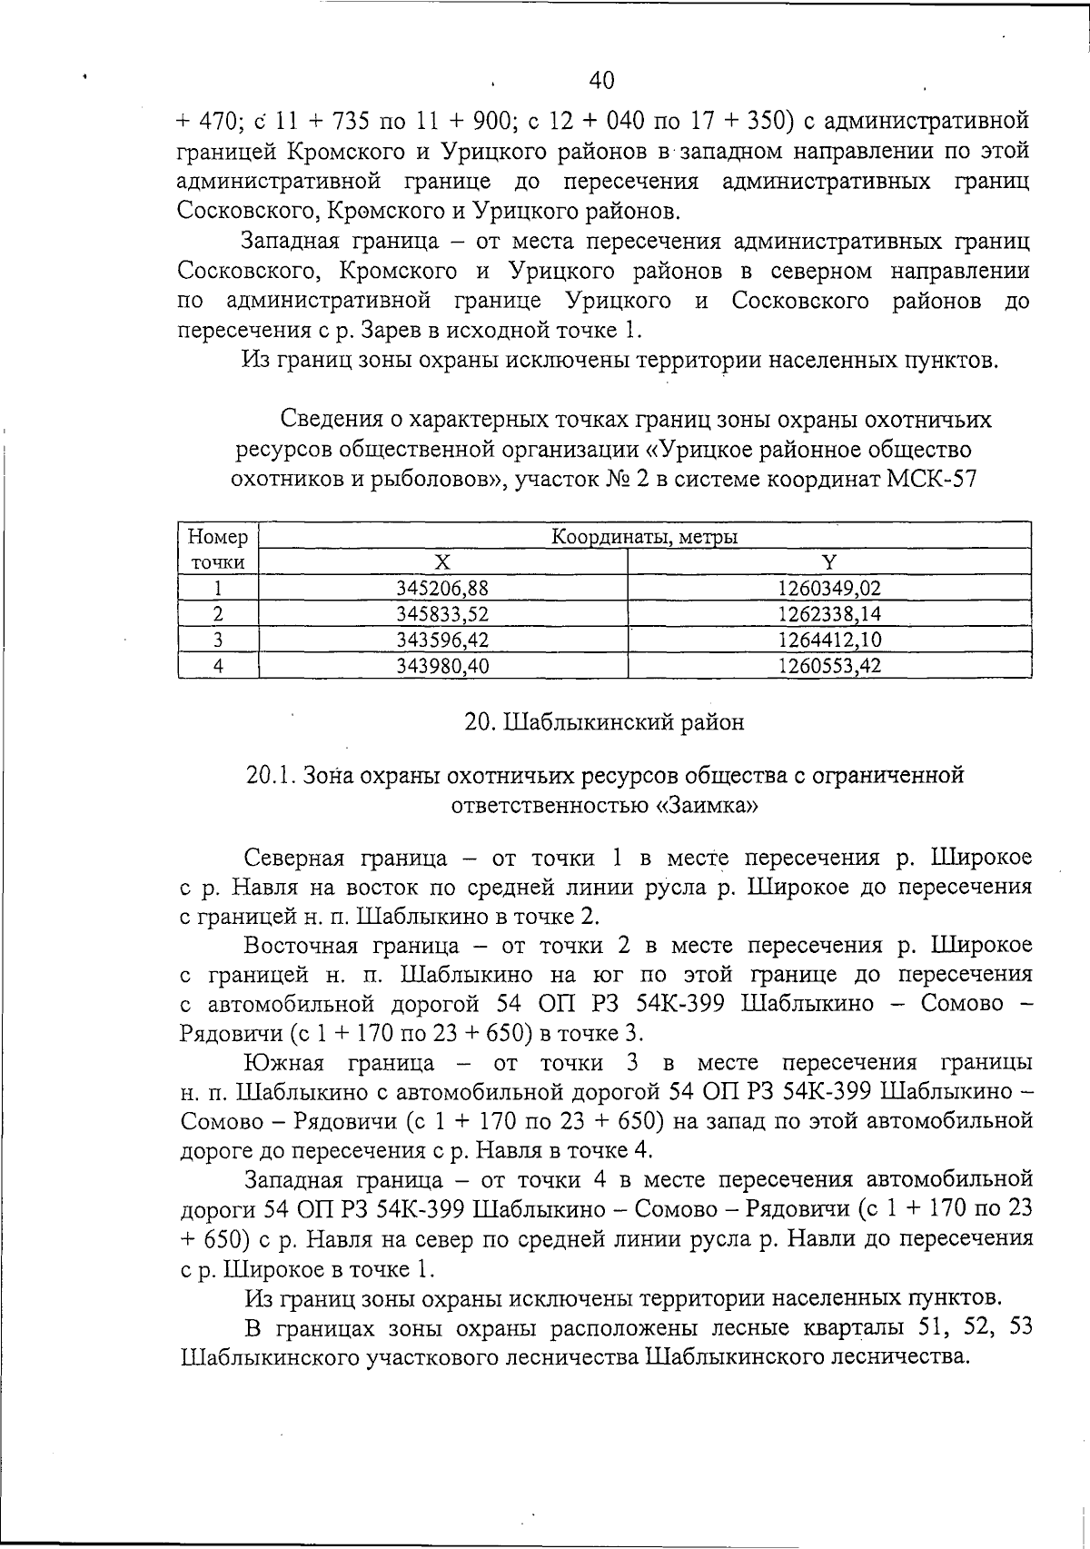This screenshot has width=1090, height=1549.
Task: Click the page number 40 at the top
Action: [x=601, y=80]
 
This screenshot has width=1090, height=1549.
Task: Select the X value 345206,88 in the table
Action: [x=442, y=588]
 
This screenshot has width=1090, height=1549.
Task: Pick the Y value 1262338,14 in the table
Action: [x=829, y=614]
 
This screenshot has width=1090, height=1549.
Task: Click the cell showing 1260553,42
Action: [x=829, y=666]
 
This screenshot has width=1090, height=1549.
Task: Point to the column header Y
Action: [x=829, y=562]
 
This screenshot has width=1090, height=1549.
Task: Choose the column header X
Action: [x=442, y=562]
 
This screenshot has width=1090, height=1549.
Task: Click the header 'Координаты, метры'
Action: [x=645, y=537]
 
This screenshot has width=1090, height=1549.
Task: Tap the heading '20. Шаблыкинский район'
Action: [x=604, y=722]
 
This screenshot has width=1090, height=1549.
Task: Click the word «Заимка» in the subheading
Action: [x=706, y=805]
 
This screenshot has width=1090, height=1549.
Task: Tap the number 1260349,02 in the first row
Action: [x=829, y=588]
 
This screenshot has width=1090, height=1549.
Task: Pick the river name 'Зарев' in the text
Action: [x=370, y=329]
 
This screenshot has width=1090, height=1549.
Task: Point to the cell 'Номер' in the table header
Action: [x=217, y=537]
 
